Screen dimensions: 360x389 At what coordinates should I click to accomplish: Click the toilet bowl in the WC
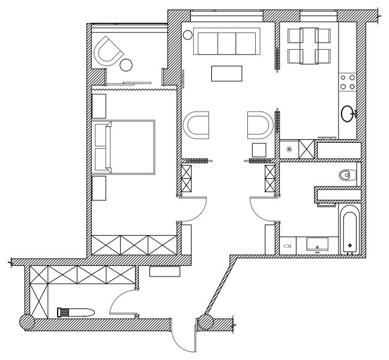tap(345, 175)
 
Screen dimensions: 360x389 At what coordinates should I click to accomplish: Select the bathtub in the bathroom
tap(349, 230)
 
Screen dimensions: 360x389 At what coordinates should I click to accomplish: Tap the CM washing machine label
tap(288, 245)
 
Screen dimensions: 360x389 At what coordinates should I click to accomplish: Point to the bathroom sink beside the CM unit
tap(316, 245)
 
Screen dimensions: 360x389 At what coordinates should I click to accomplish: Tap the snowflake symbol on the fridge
tap(289, 149)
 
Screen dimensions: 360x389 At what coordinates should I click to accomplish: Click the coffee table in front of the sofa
tap(228, 73)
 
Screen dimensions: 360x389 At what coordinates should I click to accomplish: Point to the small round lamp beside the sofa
tap(188, 35)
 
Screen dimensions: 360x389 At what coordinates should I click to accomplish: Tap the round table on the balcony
tap(126, 64)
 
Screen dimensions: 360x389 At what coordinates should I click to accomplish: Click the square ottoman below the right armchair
tap(259, 149)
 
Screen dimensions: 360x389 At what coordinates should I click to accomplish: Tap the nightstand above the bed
tap(99, 105)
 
